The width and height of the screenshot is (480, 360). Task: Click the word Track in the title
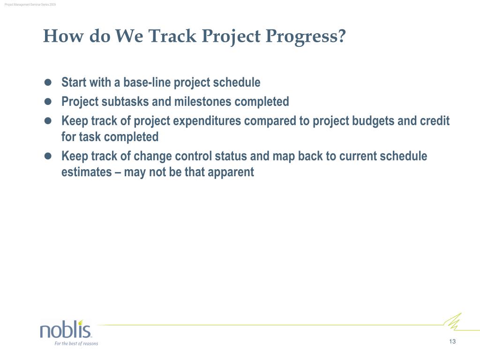tap(172, 36)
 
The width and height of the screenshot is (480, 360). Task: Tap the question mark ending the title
tap(342, 36)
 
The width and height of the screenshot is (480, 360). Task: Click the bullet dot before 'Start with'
tap(48, 82)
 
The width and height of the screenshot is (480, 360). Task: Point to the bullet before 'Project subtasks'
tap(48, 101)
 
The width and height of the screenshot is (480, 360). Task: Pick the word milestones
tap(202, 101)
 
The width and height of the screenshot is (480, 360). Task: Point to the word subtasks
tap(125, 101)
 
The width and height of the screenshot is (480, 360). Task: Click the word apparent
tap(231, 172)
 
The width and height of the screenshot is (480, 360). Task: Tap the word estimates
tap(87, 172)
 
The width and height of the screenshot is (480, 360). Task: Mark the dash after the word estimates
tap(118, 172)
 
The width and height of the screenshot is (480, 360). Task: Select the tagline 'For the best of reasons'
tap(76, 344)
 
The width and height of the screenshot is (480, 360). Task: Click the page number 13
tap(452, 341)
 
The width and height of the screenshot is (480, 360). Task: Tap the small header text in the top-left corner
tap(30, 5)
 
